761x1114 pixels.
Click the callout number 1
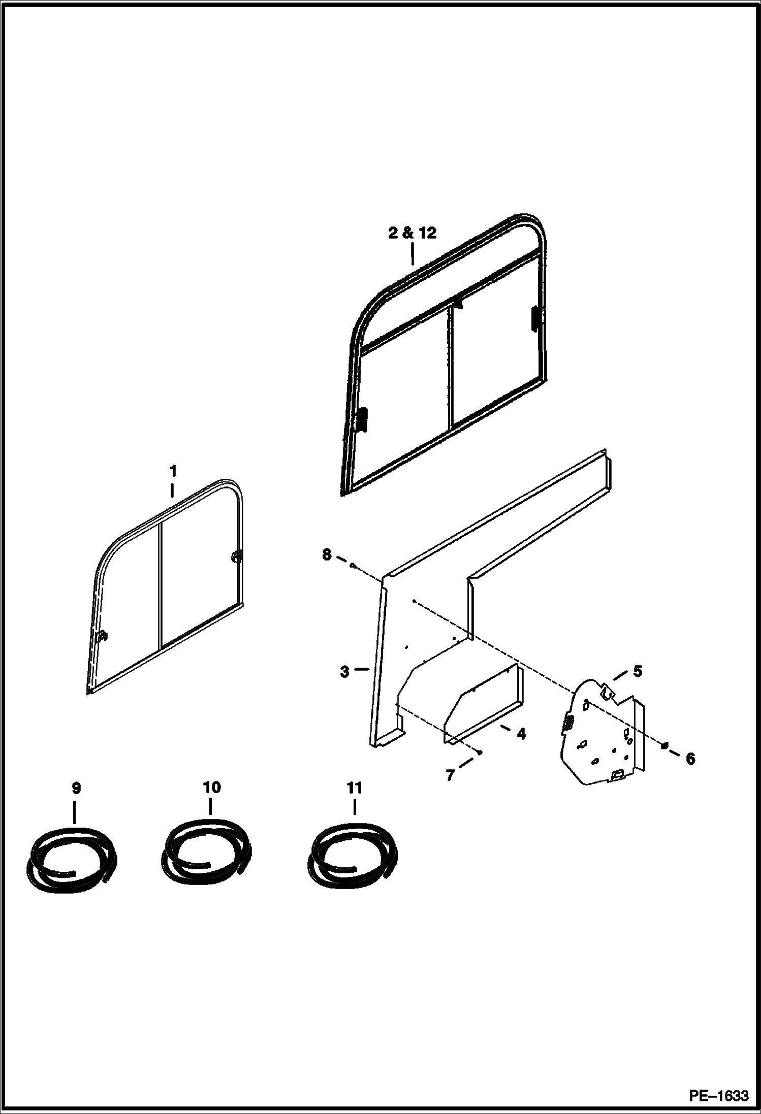coord(173,471)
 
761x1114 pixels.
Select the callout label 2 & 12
coord(412,233)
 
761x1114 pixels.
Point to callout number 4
coord(521,734)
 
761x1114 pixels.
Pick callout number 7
coord(450,775)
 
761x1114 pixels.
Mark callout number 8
coord(327,554)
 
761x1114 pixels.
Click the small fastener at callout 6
coord(664,745)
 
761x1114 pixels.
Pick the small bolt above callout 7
coord(479,752)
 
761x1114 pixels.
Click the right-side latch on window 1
coord(236,558)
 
